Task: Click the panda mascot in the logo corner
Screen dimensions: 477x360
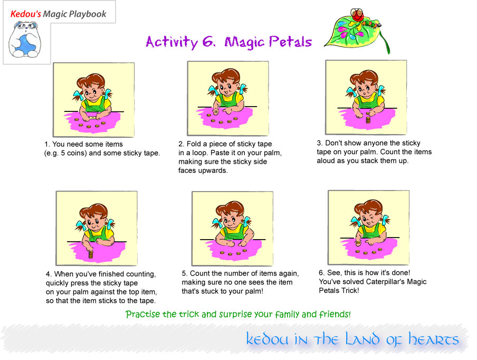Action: coord(25,40)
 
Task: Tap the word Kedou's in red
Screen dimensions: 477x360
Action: coord(25,14)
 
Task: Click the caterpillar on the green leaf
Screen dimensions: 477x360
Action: coord(364,19)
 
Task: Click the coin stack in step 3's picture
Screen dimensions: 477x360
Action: coord(368,118)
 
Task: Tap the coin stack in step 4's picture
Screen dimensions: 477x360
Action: coord(91,255)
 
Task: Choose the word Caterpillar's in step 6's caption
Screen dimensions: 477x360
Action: coord(385,281)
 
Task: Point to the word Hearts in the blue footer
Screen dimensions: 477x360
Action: coord(433,339)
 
